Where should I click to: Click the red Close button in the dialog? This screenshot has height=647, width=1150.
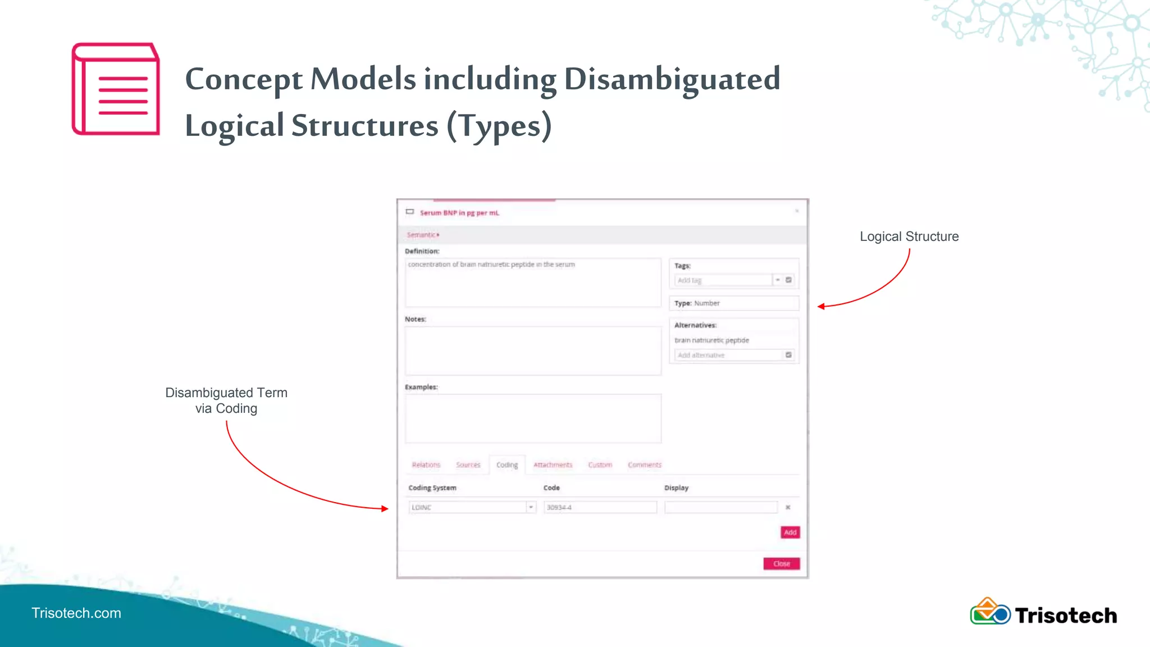coord(781,563)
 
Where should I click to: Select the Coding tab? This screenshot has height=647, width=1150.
coord(507,465)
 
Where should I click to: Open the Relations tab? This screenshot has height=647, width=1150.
coord(426,465)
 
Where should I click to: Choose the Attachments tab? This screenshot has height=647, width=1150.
coord(553,465)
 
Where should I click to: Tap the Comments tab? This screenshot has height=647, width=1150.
coord(644,465)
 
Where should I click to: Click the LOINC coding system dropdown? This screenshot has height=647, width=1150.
coord(472,507)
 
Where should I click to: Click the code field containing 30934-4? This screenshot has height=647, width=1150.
coord(600,507)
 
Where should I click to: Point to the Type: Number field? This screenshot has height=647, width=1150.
coord(733,303)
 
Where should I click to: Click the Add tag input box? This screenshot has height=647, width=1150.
coord(723,280)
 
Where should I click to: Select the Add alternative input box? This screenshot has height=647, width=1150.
coord(728,355)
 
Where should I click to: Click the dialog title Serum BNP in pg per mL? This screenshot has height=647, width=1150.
coord(459,213)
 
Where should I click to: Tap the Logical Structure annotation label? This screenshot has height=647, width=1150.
coord(909,236)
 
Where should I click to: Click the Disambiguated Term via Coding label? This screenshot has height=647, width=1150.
coord(226,400)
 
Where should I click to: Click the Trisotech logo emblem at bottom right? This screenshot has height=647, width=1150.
coord(990,612)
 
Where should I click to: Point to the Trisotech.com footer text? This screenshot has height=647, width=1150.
coord(76,613)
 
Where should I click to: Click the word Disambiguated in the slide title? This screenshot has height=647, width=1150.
coord(672,79)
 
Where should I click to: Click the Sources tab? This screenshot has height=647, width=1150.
coord(468,465)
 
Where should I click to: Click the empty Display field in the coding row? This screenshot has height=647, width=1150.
coord(721,507)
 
